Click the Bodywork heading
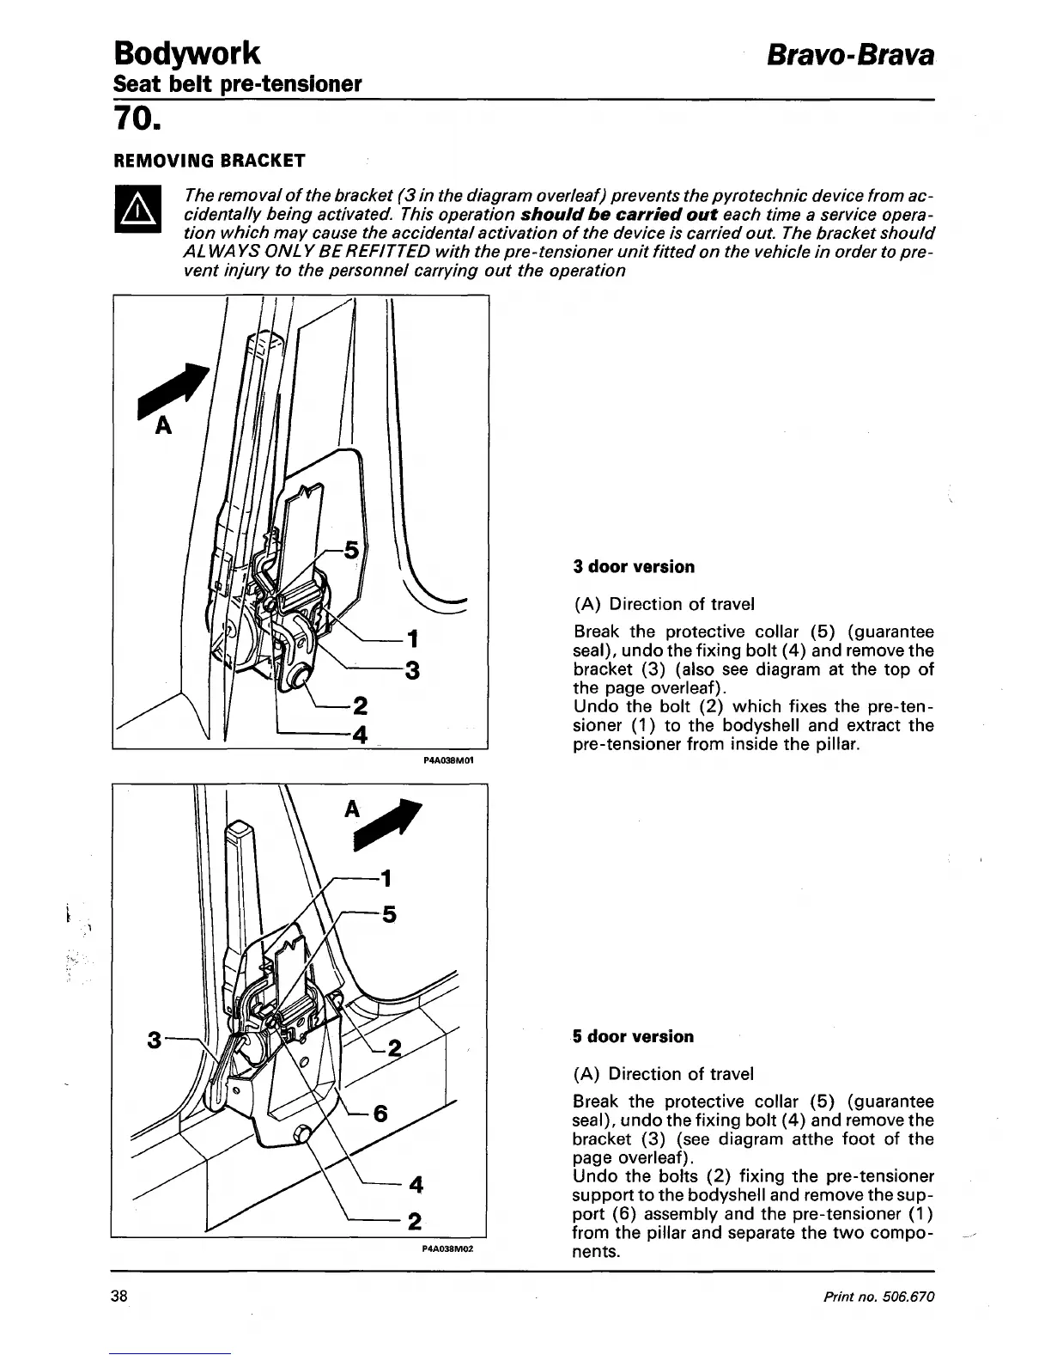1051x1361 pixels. coord(186,52)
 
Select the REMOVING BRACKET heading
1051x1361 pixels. coord(210,161)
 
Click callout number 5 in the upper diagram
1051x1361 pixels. coord(350,550)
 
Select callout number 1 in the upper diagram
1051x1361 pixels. coord(413,638)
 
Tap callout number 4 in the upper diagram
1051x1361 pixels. coord(360,735)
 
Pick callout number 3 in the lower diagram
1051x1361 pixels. coord(154,1041)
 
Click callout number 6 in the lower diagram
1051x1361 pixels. coord(380,1114)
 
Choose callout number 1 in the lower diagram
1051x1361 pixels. coord(386,878)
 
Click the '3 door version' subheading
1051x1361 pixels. coord(634,567)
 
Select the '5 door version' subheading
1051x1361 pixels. coord(633,1036)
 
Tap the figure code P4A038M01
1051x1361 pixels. coord(449,760)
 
